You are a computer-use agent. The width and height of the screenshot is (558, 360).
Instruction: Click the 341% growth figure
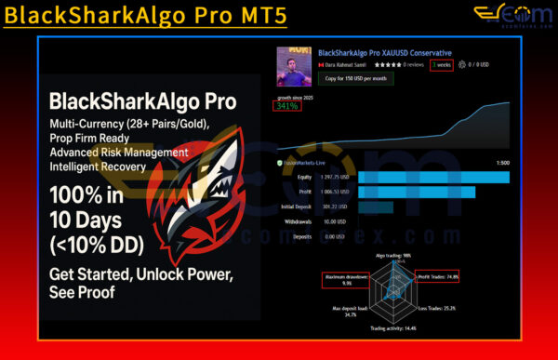(x=286, y=106)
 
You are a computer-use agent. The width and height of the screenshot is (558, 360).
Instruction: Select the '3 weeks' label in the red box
(x=443, y=65)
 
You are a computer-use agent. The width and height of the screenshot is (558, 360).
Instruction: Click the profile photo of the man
(x=294, y=67)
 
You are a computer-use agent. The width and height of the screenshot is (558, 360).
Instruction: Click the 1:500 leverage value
(x=502, y=161)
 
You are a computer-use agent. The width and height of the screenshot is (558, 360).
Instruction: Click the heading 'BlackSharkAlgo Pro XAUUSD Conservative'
(x=385, y=53)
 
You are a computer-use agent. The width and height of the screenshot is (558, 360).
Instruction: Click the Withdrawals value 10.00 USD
(x=336, y=221)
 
